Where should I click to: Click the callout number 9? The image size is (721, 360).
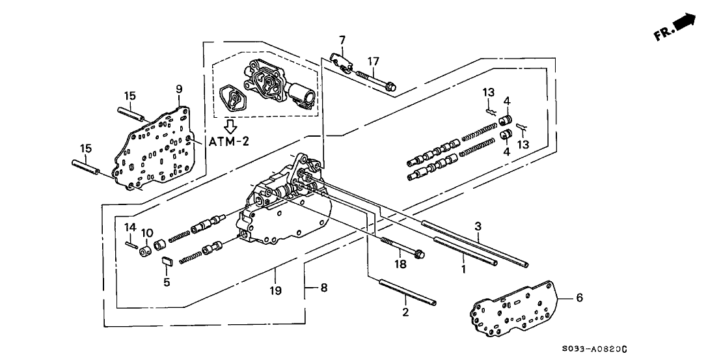(179, 89)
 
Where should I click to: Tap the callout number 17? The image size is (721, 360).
(373, 62)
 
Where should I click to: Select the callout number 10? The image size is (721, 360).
(147, 232)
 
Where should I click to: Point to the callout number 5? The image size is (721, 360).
(167, 282)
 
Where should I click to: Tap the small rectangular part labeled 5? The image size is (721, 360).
(166, 262)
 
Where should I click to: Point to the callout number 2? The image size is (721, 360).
(405, 313)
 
